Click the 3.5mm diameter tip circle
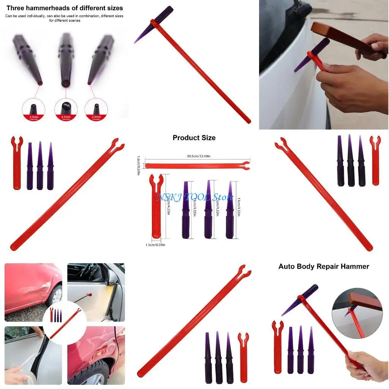tap(33, 110)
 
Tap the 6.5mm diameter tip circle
tap(66, 110)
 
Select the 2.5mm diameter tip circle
tap(96, 110)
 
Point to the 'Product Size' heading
tap(194, 138)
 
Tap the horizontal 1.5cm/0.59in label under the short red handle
tap(155, 245)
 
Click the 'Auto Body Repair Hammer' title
tap(324, 266)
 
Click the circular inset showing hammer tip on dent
tap(357, 312)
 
